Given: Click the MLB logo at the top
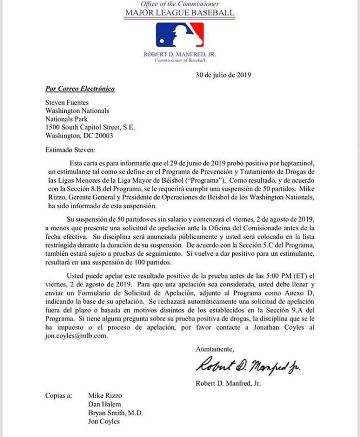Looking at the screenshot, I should pyautogui.click(x=179, y=35).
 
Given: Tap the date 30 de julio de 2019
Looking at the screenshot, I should pyautogui.click(x=223, y=75).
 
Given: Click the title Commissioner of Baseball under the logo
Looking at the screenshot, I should pyautogui.click(x=179, y=61).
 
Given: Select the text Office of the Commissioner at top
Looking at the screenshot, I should pyautogui.click(x=179, y=4).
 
